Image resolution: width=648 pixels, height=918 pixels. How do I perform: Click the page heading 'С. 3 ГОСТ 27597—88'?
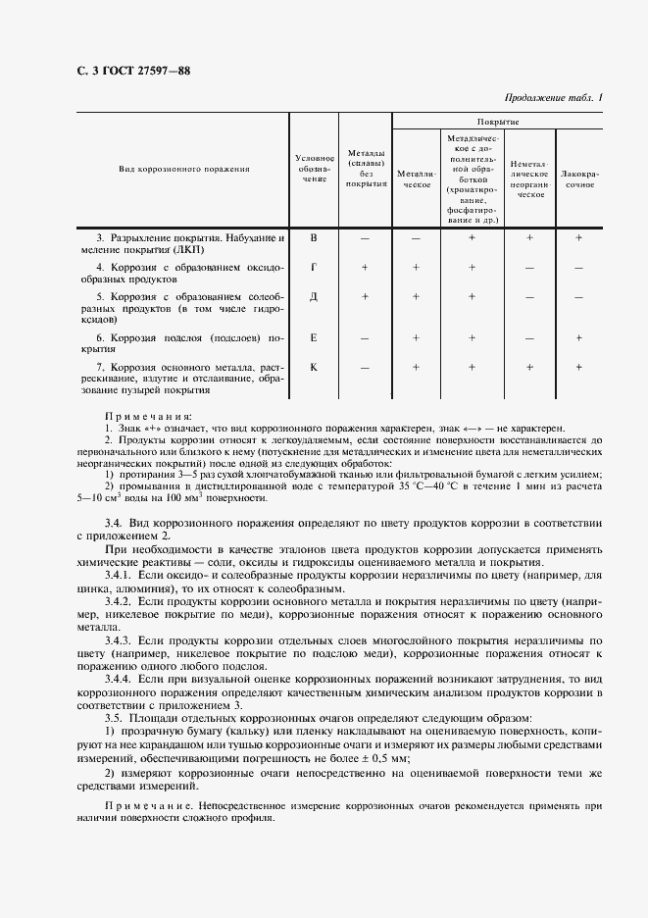coord(132,70)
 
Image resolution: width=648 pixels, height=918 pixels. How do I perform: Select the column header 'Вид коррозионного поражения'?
coord(184,169)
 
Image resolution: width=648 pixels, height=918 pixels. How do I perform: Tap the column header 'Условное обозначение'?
coord(314,169)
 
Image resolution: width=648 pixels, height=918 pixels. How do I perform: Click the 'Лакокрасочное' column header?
coord(578,178)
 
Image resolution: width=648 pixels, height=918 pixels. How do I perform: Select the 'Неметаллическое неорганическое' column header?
coord(530,178)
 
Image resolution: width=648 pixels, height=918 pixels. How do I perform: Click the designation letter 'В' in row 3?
coord(314,237)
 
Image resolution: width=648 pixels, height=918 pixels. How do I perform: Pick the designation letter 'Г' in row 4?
coord(314,267)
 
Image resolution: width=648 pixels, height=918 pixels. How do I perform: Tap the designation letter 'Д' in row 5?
coord(314,296)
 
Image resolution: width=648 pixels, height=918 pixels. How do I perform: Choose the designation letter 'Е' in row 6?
coord(314,337)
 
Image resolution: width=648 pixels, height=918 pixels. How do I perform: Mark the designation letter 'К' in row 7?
coord(314,367)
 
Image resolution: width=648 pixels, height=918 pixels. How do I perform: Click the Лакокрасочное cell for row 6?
coord(578,337)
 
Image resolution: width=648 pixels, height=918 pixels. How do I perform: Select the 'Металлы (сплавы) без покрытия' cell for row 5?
coord(365,296)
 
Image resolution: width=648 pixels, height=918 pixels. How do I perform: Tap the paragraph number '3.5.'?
coord(115,717)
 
